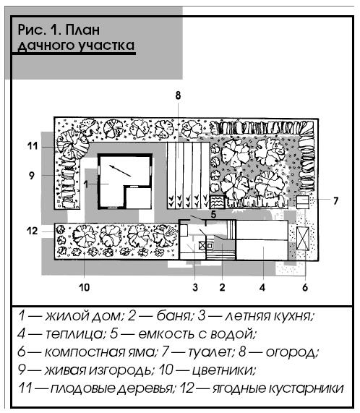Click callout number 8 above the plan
pos(178,95)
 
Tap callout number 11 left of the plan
pos(33,145)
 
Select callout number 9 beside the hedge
pos(32,175)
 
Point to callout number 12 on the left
pos(33,231)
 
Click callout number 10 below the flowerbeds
pos(84,287)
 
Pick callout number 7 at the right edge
pos(335,200)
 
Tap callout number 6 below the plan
pos(305,287)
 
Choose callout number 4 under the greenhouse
pos(262,287)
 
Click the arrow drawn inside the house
pos(120,171)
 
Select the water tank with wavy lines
pos(217,202)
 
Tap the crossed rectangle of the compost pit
pos(303,238)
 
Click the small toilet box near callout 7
pos(303,202)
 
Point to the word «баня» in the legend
pos(173,316)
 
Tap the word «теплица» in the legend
pos(74,334)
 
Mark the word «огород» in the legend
pos(291,352)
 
